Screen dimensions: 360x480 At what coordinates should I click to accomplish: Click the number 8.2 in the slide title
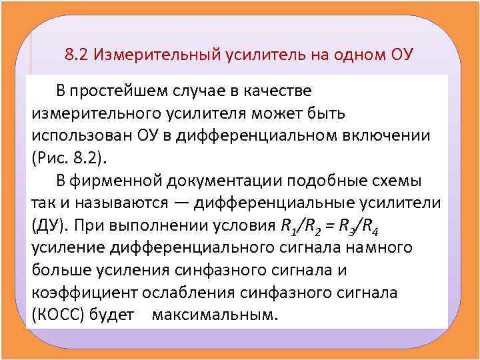(77, 54)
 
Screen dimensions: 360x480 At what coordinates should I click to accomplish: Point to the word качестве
(274, 89)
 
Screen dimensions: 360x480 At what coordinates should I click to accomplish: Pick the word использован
(83, 135)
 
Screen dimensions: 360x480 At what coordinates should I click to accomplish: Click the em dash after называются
(183, 203)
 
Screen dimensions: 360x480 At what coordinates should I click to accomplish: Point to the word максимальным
(213, 315)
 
